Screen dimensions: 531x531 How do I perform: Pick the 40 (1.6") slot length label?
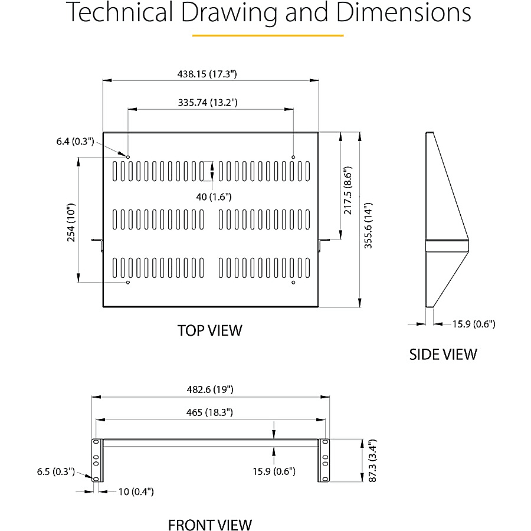(x=213, y=196)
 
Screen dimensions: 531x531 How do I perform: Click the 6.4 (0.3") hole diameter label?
(x=76, y=141)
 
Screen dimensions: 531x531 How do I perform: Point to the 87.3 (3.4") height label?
(x=371, y=460)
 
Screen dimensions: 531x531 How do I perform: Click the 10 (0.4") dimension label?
(x=131, y=491)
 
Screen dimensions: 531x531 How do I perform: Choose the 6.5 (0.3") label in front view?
(x=56, y=471)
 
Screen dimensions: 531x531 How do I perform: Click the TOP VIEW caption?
(x=210, y=330)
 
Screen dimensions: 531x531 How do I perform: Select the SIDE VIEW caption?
(x=443, y=354)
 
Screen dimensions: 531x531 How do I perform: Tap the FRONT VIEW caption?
(x=210, y=525)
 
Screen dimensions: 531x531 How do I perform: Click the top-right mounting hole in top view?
(x=293, y=156)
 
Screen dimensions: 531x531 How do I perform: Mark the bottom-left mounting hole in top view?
(x=127, y=283)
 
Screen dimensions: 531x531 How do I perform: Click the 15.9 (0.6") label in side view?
(x=474, y=323)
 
